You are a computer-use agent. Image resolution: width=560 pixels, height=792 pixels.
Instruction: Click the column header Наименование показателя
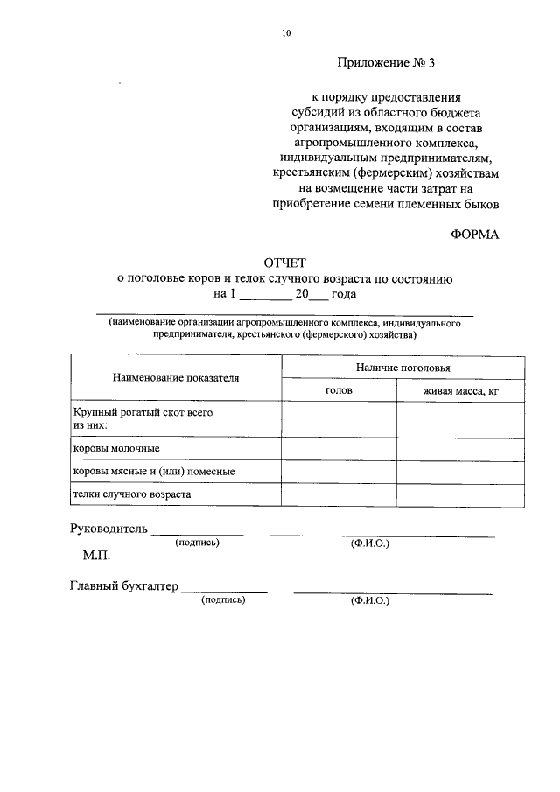pos(176,378)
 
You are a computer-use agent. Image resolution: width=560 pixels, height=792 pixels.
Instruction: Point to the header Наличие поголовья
pos(402,369)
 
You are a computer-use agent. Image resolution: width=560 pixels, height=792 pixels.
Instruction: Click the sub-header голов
pos(339,391)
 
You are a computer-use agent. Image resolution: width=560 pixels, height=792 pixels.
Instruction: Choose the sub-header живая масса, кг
pos(460,391)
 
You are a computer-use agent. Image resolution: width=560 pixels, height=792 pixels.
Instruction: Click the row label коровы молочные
pos(115,448)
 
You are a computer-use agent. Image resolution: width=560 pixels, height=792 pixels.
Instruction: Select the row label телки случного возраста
pos(132,494)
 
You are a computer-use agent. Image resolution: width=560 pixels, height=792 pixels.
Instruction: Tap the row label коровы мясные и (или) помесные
pos(153,472)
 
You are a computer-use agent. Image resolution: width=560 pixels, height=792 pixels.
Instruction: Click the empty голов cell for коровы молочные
pos(339,448)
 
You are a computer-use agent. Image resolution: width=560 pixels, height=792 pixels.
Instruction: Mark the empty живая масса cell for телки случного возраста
pos(460,494)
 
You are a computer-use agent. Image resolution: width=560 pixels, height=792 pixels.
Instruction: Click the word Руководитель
pos(108,529)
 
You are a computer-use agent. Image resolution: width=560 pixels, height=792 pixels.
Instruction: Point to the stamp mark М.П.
pos(97,556)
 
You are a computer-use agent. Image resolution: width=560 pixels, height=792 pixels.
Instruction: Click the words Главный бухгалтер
pos(123,586)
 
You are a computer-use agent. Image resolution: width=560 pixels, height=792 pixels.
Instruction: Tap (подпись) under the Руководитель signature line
pos(198,543)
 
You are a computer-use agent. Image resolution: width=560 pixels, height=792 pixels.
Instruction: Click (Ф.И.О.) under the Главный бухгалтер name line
pos(369,601)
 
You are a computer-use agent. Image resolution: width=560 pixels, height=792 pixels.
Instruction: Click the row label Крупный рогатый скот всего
pos(143,411)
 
